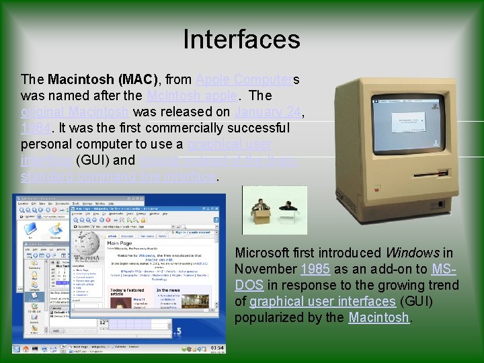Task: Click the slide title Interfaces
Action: click(241, 39)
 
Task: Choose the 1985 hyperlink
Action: click(315, 269)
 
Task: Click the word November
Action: click(266, 269)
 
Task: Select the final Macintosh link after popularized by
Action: click(378, 317)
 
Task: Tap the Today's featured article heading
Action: click(126, 290)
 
